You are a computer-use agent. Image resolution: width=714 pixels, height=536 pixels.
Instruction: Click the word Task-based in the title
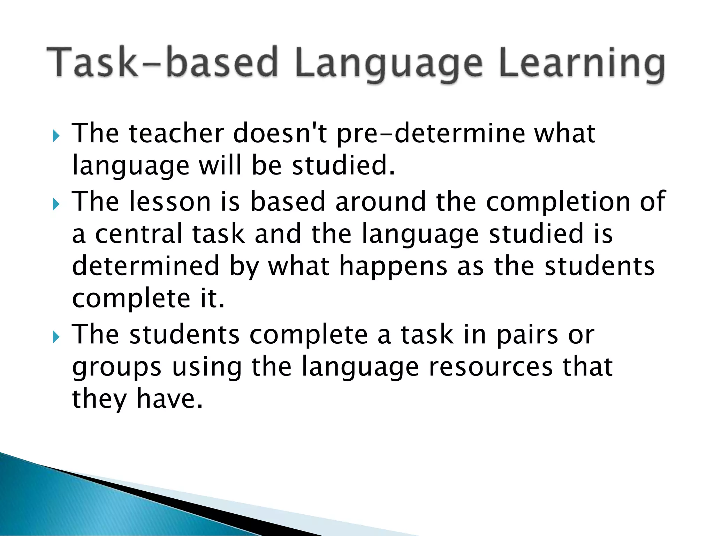[x=162, y=62]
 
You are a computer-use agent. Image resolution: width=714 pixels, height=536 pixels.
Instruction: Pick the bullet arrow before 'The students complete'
[x=56, y=337]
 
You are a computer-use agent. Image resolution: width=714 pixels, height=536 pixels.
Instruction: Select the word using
[x=207, y=368]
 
